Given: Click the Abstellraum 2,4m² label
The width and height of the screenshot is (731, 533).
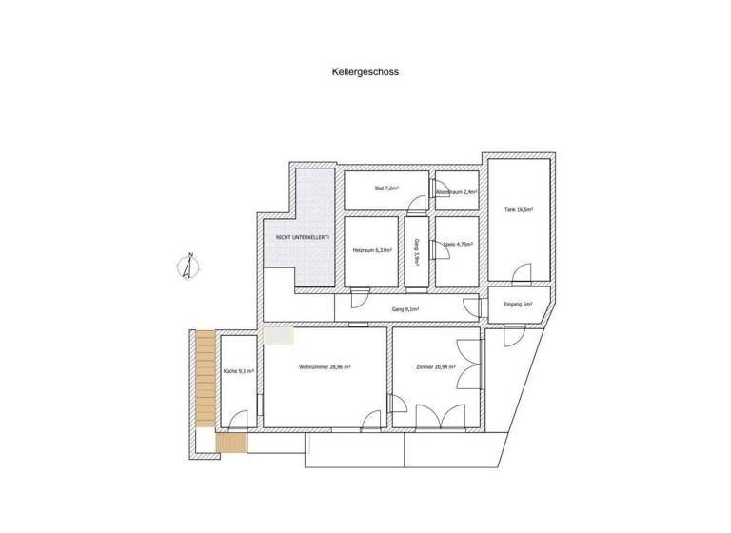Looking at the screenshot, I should coord(456,193).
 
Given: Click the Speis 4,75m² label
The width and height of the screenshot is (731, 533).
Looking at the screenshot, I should coord(458,245).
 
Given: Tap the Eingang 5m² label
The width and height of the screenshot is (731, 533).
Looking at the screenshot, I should coord(518,305).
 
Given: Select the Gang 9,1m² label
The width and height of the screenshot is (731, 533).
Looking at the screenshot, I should coord(405,309).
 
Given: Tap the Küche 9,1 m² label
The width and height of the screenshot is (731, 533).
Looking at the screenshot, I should coord(237,371).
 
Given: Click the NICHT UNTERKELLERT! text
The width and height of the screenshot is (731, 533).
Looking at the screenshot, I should coord(303,236).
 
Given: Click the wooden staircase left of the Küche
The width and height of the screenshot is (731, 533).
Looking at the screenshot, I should coord(205,376).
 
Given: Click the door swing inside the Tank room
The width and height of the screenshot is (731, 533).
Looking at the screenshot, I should coord(522,274).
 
